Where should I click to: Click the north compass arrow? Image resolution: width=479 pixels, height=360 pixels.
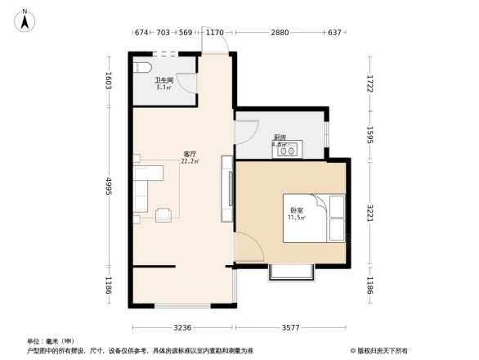[x=25, y=19]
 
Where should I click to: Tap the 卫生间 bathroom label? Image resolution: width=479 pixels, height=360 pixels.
[x=164, y=80]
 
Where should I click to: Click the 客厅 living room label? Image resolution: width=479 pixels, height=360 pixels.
[x=190, y=154]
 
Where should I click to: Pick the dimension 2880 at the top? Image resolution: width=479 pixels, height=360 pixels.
[x=280, y=33]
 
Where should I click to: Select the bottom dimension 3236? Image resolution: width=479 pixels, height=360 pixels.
[x=181, y=327]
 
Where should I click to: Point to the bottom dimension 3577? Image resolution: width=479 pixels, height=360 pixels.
[x=292, y=327]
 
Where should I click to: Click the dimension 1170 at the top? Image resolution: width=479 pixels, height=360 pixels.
[x=215, y=33]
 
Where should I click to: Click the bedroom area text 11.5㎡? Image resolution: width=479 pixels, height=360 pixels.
[x=295, y=218]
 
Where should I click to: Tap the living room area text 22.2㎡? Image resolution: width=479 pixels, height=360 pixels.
[x=190, y=161]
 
